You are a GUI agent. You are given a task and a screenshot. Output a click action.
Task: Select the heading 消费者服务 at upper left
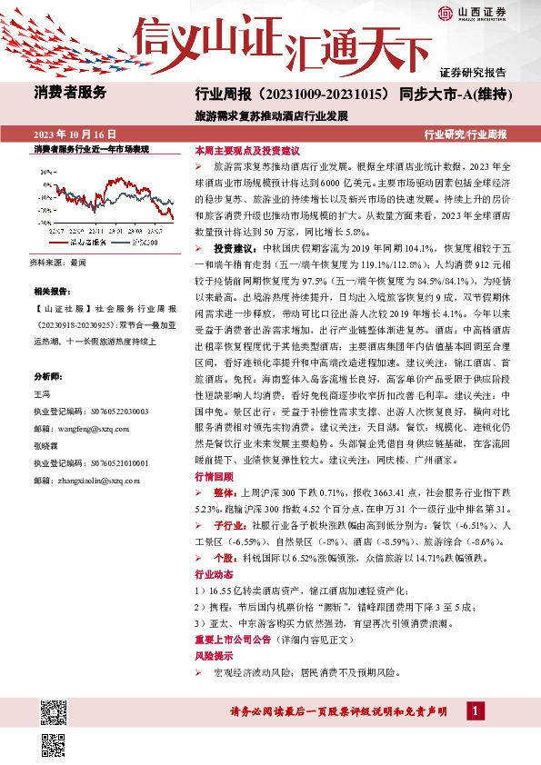pos(71,92)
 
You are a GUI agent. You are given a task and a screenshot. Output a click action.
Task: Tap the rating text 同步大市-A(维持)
pos(452,94)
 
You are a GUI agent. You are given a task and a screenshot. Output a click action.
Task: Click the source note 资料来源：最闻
pos(59,262)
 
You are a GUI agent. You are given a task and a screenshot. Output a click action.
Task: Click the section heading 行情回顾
pos(214,476)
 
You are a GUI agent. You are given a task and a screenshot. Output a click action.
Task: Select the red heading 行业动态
pos(214,575)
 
